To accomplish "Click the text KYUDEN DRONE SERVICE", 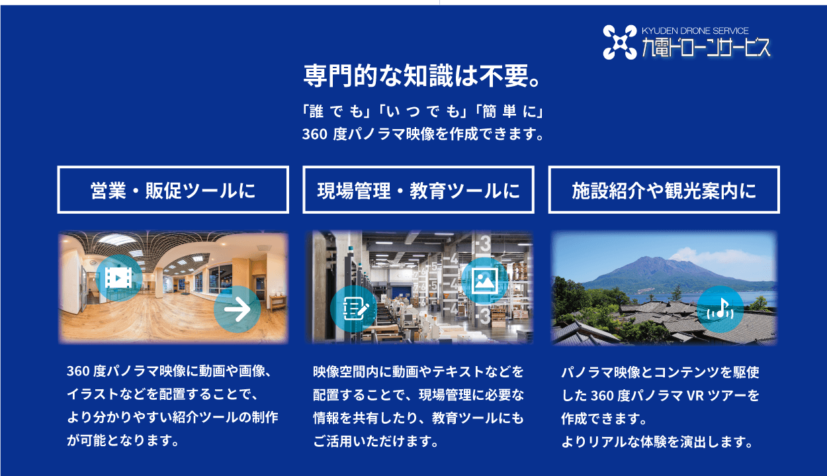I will tap(695, 30).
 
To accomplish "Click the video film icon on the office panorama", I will tap(118, 277).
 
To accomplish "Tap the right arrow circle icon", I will tap(237, 309).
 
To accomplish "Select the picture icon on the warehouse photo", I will tap(485, 277).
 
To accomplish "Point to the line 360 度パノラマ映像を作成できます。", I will tap(423, 134).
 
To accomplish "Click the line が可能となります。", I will tap(123, 441).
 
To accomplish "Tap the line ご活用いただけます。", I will tap(376, 441).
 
